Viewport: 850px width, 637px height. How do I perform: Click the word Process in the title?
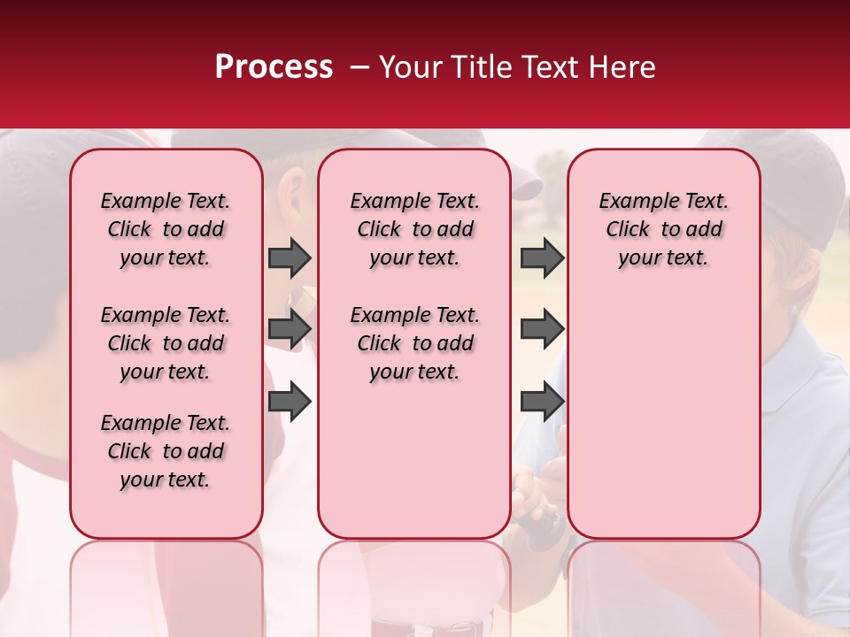click(x=274, y=67)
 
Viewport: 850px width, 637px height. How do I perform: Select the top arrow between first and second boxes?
click(x=290, y=258)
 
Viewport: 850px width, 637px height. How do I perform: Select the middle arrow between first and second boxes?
click(x=290, y=329)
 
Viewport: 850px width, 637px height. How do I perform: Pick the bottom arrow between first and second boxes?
click(x=290, y=402)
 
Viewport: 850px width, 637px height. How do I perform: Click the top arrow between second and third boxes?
click(x=542, y=258)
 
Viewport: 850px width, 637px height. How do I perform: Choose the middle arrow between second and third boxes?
click(x=542, y=329)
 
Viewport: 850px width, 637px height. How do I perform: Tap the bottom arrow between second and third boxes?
click(x=542, y=402)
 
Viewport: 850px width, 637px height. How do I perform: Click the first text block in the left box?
click(x=166, y=229)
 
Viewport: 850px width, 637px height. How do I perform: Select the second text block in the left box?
click(x=166, y=343)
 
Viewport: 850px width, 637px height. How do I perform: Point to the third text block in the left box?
click(x=166, y=451)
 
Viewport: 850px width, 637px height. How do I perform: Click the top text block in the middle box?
click(x=414, y=229)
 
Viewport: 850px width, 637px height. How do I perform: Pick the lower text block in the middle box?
click(x=414, y=343)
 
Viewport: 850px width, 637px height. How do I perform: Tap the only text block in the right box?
click(x=663, y=229)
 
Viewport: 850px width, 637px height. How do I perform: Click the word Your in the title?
click(x=409, y=67)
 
